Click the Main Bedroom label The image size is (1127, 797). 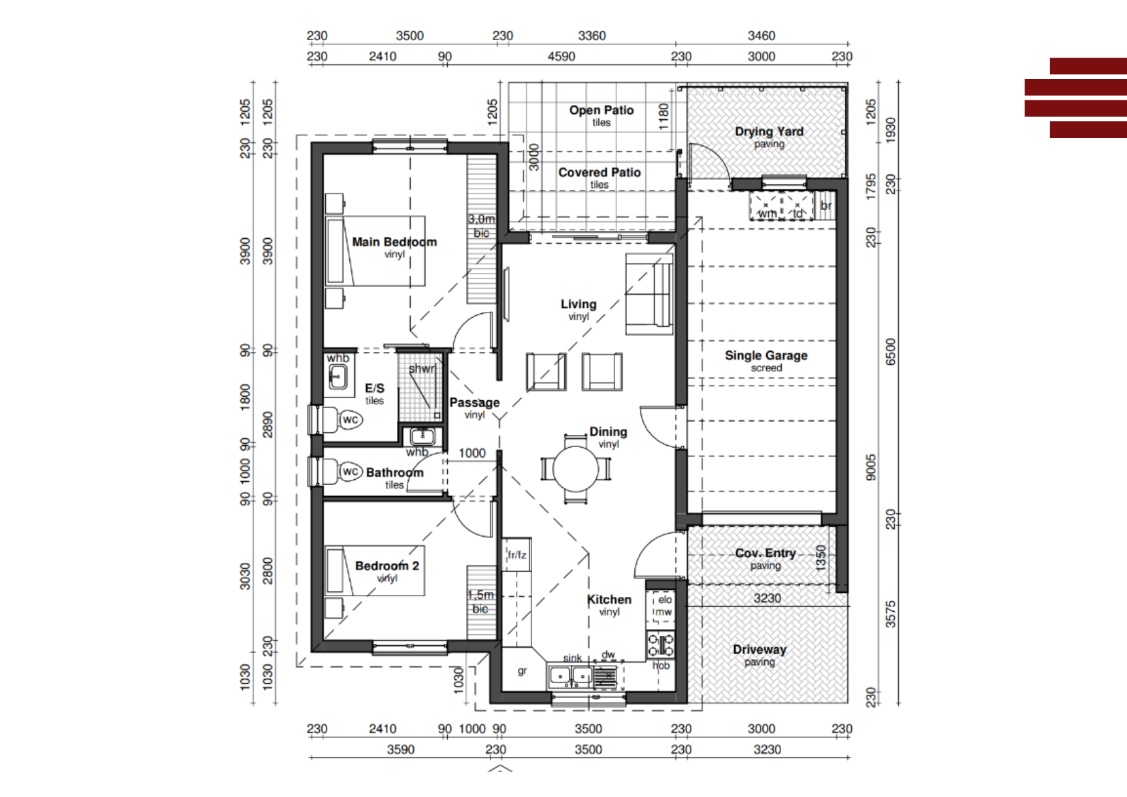click(x=394, y=242)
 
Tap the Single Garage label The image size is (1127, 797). click(x=766, y=355)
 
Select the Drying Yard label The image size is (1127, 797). click(x=769, y=131)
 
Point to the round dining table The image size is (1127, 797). click(x=576, y=469)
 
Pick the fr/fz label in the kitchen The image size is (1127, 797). click(x=517, y=555)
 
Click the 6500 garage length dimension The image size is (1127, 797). click(x=891, y=352)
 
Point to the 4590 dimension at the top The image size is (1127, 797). click(x=561, y=56)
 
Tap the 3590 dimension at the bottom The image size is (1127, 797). click(x=400, y=749)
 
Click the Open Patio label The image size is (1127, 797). click(x=601, y=110)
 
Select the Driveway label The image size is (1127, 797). click(x=759, y=649)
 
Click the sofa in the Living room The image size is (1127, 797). click(x=649, y=294)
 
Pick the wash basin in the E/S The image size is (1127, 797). click(x=337, y=376)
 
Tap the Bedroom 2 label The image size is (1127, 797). click(x=387, y=565)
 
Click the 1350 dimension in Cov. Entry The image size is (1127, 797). click(x=820, y=558)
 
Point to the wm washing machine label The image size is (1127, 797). click(x=767, y=213)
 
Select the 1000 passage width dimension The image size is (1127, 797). click(x=472, y=453)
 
